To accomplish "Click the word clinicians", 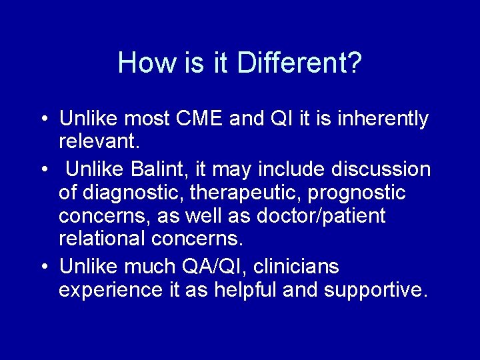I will (299, 267).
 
